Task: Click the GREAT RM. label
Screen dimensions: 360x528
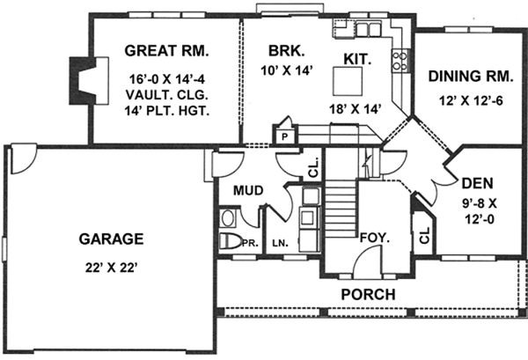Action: pos(165,49)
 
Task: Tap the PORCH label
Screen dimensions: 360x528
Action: pos(368,293)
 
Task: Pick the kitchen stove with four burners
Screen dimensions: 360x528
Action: pos(399,60)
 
